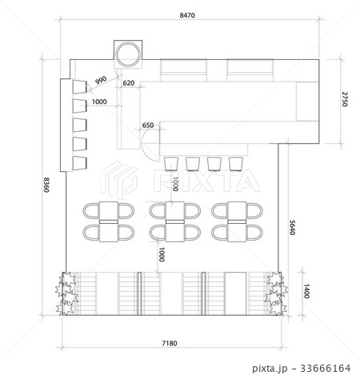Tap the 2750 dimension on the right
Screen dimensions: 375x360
pyautogui.click(x=344, y=100)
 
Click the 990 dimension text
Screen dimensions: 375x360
pyautogui.click(x=101, y=80)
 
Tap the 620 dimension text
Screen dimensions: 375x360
pyautogui.click(x=128, y=82)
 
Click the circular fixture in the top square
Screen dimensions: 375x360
pyautogui.click(x=127, y=54)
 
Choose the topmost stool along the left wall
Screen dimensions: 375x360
pyautogui.click(x=79, y=87)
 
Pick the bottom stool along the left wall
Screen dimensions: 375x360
pyautogui.click(x=79, y=164)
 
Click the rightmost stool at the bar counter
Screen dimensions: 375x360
pyautogui.click(x=235, y=164)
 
